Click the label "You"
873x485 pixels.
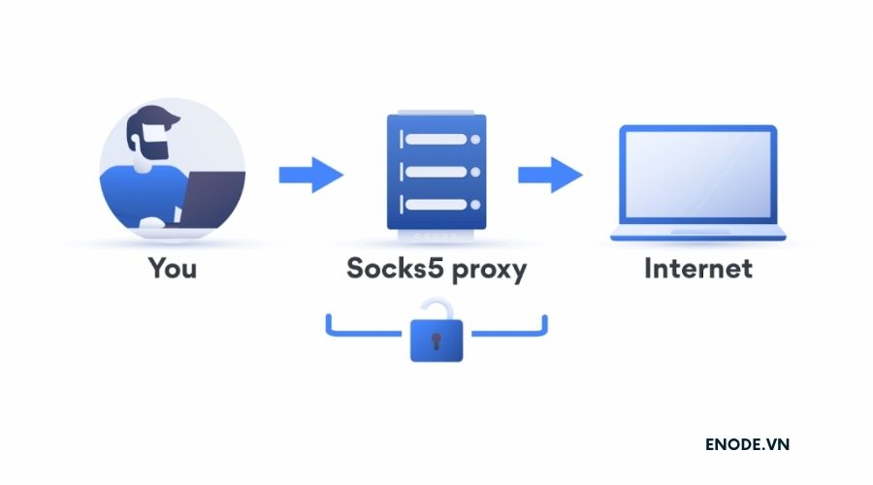pos(172,267)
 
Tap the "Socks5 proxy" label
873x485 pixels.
pos(436,269)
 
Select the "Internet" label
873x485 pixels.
pos(698,267)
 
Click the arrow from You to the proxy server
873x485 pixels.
pos(311,176)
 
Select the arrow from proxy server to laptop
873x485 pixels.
pos(550,176)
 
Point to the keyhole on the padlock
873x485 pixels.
pos(436,342)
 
